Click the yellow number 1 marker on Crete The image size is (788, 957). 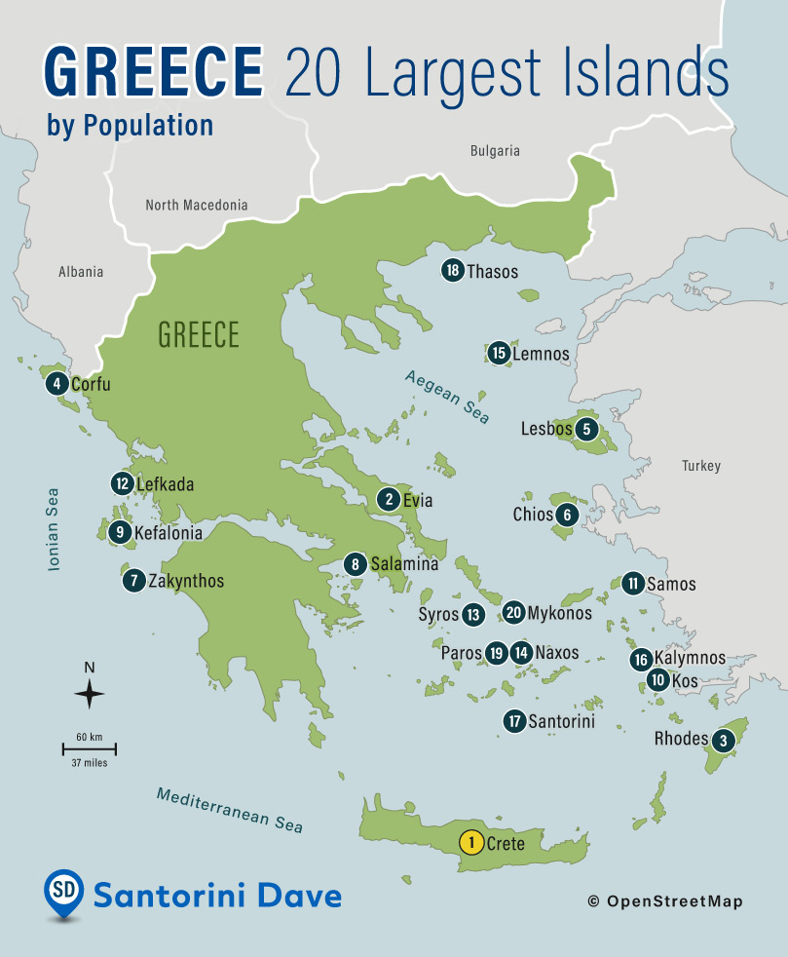click(470, 842)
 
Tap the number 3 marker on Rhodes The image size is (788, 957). click(723, 740)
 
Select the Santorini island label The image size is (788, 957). click(561, 722)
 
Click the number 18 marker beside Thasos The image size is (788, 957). click(452, 271)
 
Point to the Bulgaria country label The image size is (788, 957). click(495, 151)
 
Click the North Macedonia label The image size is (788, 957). click(196, 206)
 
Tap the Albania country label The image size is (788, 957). click(81, 272)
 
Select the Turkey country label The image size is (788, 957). click(701, 466)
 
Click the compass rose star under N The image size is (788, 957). click(90, 695)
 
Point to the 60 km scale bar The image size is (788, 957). click(90, 748)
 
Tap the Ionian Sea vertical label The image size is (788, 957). click(54, 529)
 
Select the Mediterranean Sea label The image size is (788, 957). click(230, 809)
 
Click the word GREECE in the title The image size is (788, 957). click(154, 70)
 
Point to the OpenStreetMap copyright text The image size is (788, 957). click(665, 901)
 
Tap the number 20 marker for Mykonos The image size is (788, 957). click(514, 613)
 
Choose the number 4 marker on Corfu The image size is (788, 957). click(57, 384)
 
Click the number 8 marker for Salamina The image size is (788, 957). click(356, 564)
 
